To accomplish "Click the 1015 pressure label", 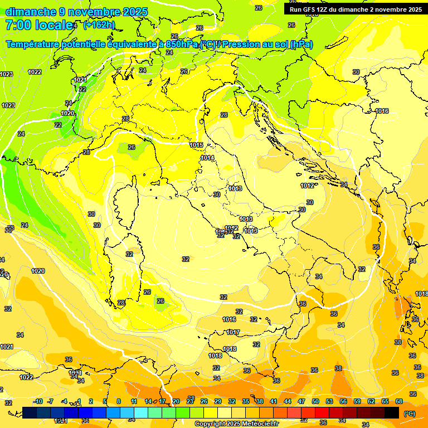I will click(196, 145).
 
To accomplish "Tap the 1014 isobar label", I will click(207, 158).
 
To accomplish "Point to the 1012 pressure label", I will click(307, 186).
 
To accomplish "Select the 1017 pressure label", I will click(233, 332).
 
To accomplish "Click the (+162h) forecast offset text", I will click(99, 25).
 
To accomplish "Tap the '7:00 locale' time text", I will click(39, 25).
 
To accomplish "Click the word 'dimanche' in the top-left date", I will click(31, 12).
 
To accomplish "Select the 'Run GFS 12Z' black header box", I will click(356, 9).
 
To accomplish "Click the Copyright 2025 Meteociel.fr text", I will click(236, 424).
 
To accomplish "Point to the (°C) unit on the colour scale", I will click(409, 414).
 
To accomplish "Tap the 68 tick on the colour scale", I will click(399, 401).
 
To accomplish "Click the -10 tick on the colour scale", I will click(38, 401).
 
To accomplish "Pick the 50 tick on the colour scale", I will click(315, 401).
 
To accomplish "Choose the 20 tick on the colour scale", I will click(176, 401).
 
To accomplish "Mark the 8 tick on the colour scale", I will click(119, 401).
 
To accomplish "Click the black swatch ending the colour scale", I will click(392, 412).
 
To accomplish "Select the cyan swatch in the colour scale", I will click(141, 412).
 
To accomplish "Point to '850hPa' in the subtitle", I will click(182, 45).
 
